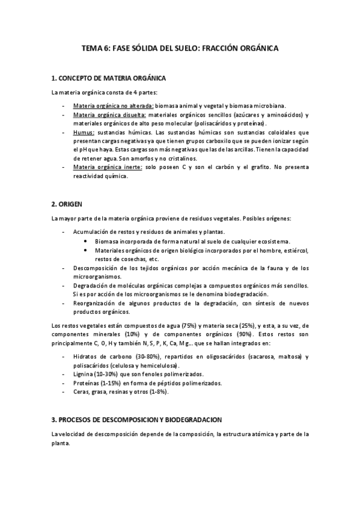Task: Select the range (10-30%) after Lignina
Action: coord(111,374)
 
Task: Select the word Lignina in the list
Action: coord(85,374)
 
